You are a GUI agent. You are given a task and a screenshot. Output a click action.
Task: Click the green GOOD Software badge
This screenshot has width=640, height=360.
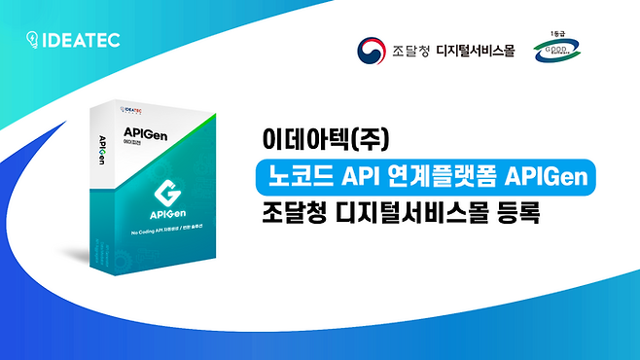pyautogui.click(x=554, y=54)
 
